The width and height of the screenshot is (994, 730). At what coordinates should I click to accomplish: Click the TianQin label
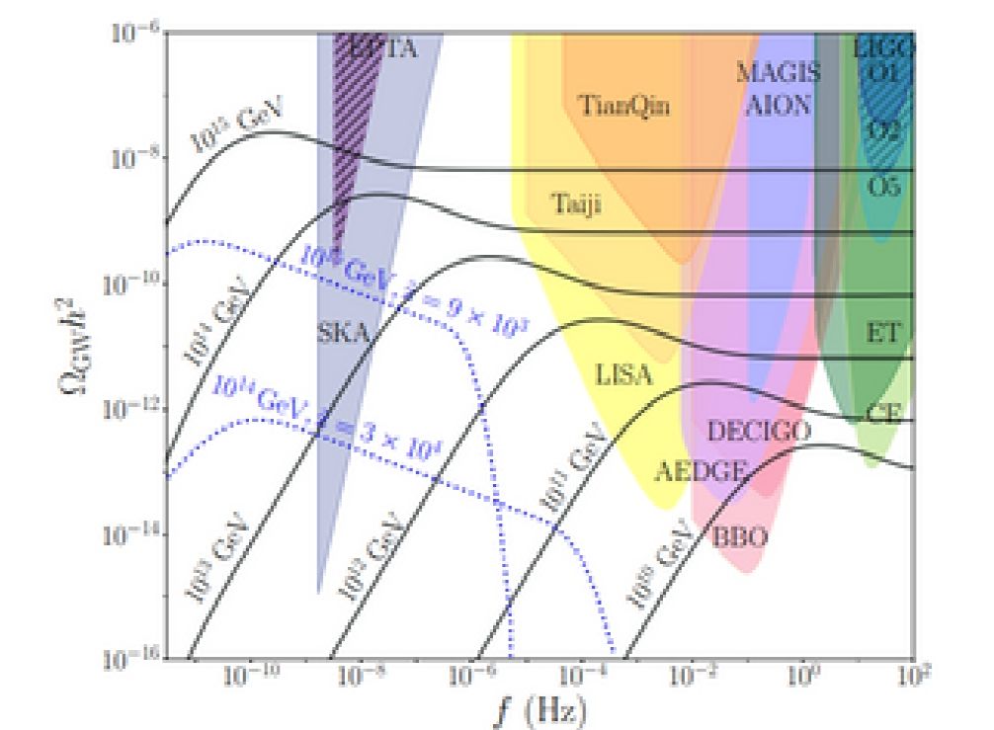pyautogui.click(x=621, y=105)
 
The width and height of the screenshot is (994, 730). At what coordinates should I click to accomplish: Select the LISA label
pyautogui.click(x=624, y=374)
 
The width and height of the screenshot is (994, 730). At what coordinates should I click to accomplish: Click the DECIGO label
pyautogui.click(x=759, y=431)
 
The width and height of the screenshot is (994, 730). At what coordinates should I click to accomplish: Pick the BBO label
pyautogui.click(x=740, y=537)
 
